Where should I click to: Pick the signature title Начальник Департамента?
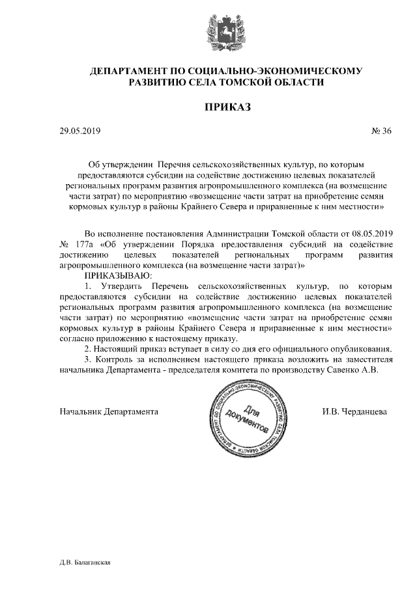tap(109, 411)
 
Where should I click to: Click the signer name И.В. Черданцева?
tap(354, 411)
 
